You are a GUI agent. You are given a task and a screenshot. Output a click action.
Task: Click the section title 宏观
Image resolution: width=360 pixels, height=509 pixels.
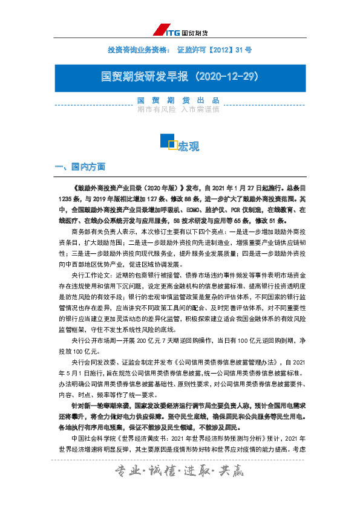coord(188,145)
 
